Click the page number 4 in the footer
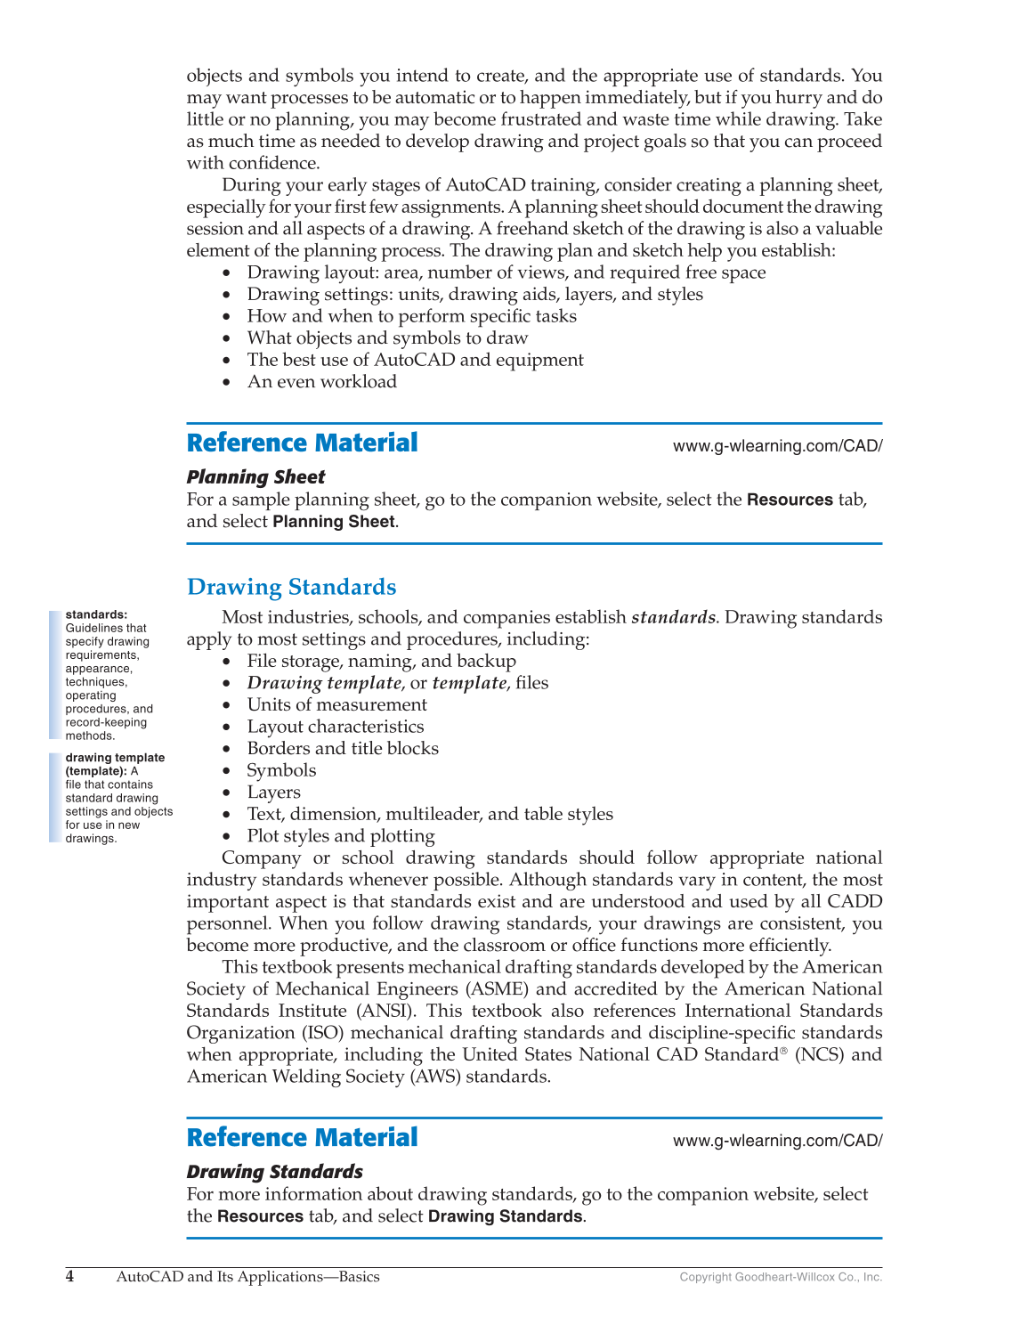pos(70,1277)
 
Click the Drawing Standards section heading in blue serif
pos(291,588)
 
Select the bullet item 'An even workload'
pos(321,382)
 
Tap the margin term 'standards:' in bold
pos(96,614)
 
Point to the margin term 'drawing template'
pos(115,758)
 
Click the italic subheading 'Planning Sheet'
pos(255,477)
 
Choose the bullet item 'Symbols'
pos(281,770)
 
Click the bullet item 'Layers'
pos(273,793)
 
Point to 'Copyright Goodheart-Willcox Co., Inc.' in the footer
pos(781,1278)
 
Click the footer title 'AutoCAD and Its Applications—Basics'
pos(247,1277)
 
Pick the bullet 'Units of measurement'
pos(336,705)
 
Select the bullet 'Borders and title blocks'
pos(343,749)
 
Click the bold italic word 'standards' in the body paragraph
pos(673,617)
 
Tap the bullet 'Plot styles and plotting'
pos(341,836)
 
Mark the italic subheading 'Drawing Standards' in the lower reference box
pos(274,1172)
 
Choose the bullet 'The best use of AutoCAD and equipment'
pos(415,360)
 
